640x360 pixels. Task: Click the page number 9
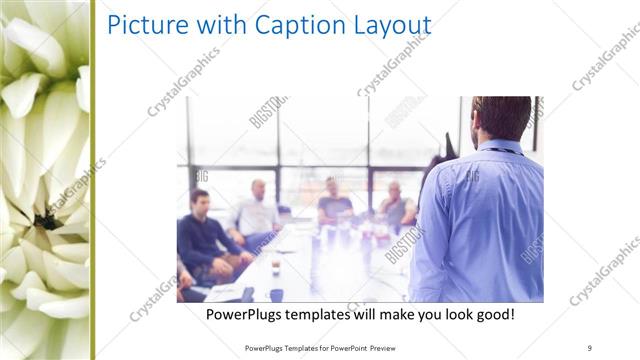coord(590,346)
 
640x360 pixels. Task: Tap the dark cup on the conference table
coord(276,294)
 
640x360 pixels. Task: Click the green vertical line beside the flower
coord(92,180)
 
